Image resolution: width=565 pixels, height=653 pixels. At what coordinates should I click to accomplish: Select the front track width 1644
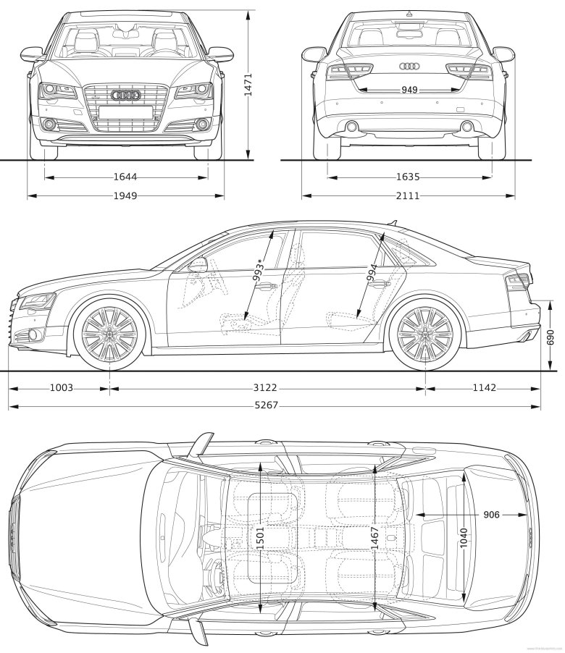click(x=125, y=176)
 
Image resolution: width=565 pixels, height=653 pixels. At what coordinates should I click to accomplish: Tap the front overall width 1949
click(x=125, y=195)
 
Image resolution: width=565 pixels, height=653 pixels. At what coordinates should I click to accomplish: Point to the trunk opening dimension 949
click(x=409, y=90)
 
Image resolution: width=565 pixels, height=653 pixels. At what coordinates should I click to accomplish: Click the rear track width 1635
click(x=409, y=176)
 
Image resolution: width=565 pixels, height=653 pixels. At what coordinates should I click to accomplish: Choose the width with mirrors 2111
click(x=409, y=195)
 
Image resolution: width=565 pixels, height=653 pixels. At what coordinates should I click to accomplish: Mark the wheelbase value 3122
click(x=266, y=388)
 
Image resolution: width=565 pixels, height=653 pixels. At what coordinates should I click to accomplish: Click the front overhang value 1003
click(x=61, y=388)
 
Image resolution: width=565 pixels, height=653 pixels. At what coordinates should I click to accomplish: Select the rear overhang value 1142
click(x=484, y=388)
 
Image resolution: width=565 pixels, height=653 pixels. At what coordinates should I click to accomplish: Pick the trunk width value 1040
click(x=464, y=536)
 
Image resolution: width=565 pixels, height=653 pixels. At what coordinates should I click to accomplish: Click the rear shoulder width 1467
click(x=374, y=536)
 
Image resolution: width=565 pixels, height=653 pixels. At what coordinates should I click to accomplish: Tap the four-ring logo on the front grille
click(x=125, y=96)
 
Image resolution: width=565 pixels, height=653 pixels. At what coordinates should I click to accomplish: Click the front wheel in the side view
click(x=109, y=332)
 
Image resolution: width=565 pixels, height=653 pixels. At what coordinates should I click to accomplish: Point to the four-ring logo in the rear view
click(x=409, y=67)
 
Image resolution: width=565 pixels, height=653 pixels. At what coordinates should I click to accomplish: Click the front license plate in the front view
click(x=125, y=111)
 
